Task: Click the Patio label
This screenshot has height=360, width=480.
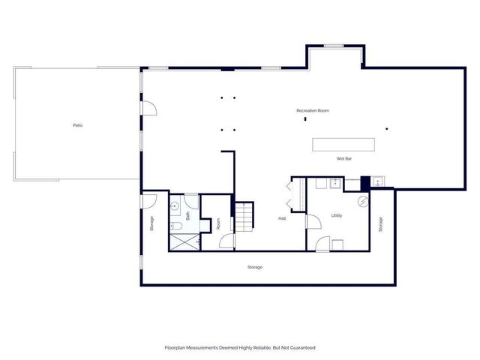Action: pos(77,124)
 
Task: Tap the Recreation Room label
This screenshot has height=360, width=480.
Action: pos(313,111)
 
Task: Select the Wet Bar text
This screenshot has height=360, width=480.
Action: pos(345,159)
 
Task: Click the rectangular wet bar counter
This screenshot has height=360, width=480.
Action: pos(343,143)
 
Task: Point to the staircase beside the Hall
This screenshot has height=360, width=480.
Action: pos(245,217)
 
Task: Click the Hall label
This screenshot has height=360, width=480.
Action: pos(282,218)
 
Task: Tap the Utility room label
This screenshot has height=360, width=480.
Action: pos(337,215)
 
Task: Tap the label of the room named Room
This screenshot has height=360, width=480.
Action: pos(218,223)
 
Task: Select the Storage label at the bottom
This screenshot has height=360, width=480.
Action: pos(255,267)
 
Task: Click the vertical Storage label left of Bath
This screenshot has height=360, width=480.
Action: pos(151,223)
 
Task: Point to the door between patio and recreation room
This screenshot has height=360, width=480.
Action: pos(149,109)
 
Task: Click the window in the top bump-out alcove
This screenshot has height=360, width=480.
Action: pos(334,46)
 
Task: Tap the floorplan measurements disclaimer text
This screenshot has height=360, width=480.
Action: pos(240,347)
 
